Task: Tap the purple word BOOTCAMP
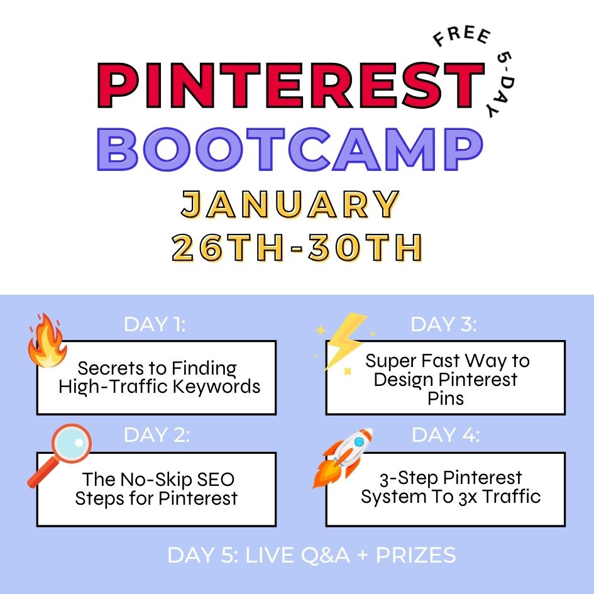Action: pyautogui.click(x=290, y=150)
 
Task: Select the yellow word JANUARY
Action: pyautogui.click(x=290, y=205)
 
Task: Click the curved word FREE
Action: pyautogui.click(x=461, y=40)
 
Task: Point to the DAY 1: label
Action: pyautogui.click(x=155, y=324)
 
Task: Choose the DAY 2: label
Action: pyautogui.click(x=157, y=435)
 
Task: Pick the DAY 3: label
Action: pyautogui.click(x=444, y=324)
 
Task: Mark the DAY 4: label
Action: pyautogui.click(x=446, y=435)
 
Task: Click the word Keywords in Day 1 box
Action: pyautogui.click(x=219, y=386)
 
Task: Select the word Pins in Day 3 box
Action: pyautogui.click(x=445, y=398)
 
